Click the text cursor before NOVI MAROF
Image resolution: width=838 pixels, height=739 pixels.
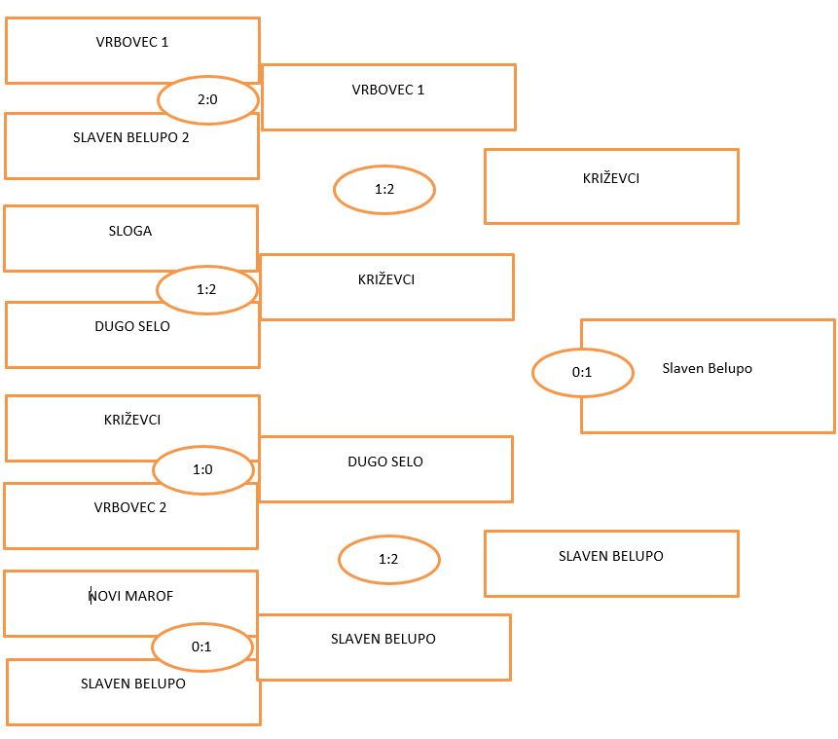click(x=91, y=595)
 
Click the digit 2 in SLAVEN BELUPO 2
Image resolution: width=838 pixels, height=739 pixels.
click(x=186, y=137)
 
